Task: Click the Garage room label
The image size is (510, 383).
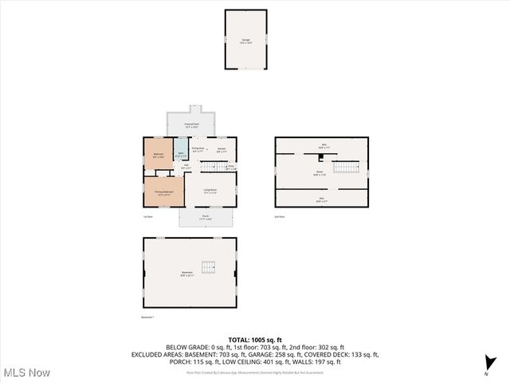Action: point(245,41)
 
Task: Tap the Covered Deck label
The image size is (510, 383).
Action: point(191,125)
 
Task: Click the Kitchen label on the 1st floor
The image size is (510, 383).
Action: point(222,150)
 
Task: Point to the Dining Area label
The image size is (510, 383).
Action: point(198,150)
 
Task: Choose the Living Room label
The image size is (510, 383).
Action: point(210,191)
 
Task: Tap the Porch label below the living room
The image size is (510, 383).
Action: point(206,217)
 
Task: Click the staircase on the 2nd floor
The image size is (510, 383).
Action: point(347,167)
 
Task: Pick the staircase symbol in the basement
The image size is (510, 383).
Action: point(210,267)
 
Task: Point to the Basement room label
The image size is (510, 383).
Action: point(187,274)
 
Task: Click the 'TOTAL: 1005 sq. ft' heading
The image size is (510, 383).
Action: point(254,340)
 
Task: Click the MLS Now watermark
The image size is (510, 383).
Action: point(26,373)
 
